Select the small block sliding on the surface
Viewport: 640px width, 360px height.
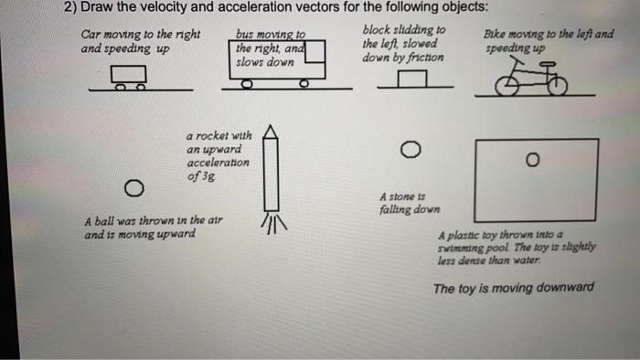pyautogui.click(x=414, y=80)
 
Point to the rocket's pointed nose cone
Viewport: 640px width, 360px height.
pyautogui.click(x=270, y=133)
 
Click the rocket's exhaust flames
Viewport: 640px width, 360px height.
pyautogui.click(x=271, y=223)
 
